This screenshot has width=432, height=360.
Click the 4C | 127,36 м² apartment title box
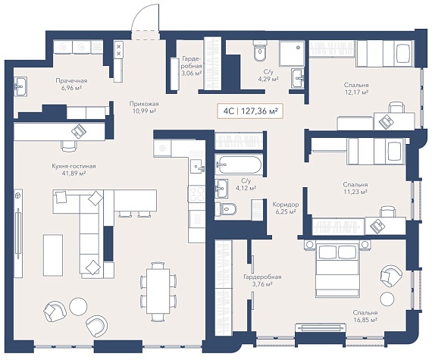(x=250, y=111)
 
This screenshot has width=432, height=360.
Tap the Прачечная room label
(x=71, y=80)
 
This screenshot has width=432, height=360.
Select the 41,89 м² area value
(x=74, y=174)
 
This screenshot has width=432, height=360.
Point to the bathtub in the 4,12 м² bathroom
(x=238, y=164)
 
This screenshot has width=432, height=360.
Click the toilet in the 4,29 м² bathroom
(x=260, y=51)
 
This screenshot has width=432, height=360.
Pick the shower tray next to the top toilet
(x=292, y=54)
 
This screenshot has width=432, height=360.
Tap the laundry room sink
(x=20, y=86)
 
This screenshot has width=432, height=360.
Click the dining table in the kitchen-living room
(x=155, y=291)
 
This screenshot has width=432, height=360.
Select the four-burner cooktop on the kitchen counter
(x=197, y=193)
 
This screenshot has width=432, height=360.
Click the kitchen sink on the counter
(x=198, y=167)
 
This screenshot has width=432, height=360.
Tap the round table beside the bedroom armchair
(x=387, y=299)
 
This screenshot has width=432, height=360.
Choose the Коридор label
(x=286, y=205)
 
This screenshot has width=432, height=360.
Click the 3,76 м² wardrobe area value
(x=262, y=284)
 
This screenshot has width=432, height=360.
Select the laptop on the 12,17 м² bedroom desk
(x=386, y=121)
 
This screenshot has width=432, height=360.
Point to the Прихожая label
(x=144, y=104)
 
